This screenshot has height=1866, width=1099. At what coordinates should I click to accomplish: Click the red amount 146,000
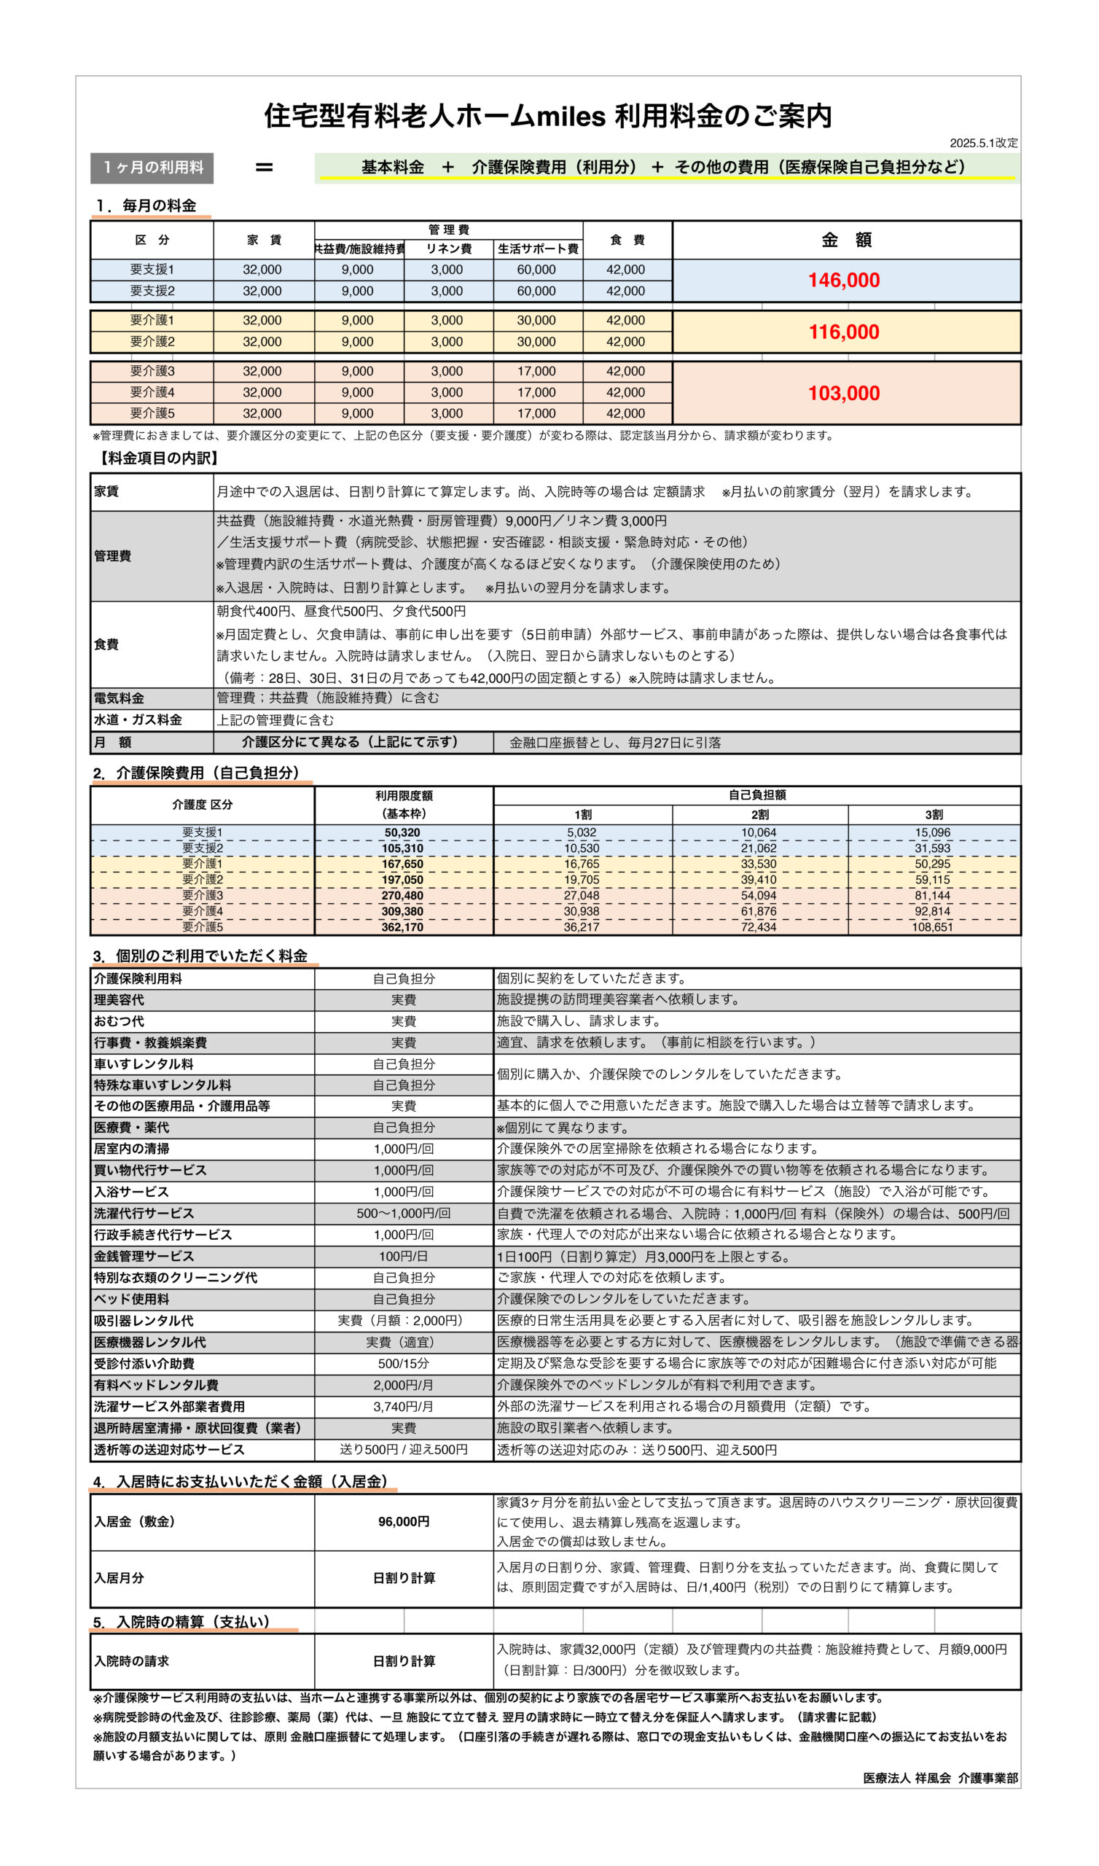point(843,281)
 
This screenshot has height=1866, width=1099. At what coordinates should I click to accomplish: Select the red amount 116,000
point(843,332)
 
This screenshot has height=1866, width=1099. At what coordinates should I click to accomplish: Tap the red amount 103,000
point(843,393)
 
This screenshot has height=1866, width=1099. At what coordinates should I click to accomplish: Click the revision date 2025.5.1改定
point(983,143)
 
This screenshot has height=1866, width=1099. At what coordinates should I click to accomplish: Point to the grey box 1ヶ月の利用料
point(152,168)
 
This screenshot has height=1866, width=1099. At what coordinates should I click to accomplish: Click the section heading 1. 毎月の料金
point(146,206)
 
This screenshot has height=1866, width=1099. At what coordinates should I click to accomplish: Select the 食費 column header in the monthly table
point(627,240)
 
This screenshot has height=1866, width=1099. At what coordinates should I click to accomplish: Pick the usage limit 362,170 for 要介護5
point(403,927)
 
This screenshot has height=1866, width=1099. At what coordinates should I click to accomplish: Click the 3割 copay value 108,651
point(931,927)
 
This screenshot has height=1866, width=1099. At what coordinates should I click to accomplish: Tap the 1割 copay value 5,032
point(582,833)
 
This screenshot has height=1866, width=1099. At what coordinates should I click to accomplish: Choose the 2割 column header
point(759,814)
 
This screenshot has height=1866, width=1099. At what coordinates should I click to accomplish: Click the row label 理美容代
point(119,1000)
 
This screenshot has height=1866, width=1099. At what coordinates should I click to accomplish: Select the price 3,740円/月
point(403,1407)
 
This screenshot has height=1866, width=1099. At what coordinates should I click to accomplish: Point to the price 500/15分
point(403,1364)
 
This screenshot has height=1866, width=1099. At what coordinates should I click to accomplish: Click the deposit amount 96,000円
point(404,1522)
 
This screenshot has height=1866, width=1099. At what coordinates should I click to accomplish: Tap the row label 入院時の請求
point(131,1661)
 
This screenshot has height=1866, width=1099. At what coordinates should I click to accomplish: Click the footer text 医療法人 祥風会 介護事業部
point(940,1778)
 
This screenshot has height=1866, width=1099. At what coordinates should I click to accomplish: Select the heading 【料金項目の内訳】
point(157,458)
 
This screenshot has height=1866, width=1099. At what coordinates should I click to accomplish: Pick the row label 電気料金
point(119,698)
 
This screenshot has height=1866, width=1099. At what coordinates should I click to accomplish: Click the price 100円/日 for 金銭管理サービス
point(403,1257)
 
